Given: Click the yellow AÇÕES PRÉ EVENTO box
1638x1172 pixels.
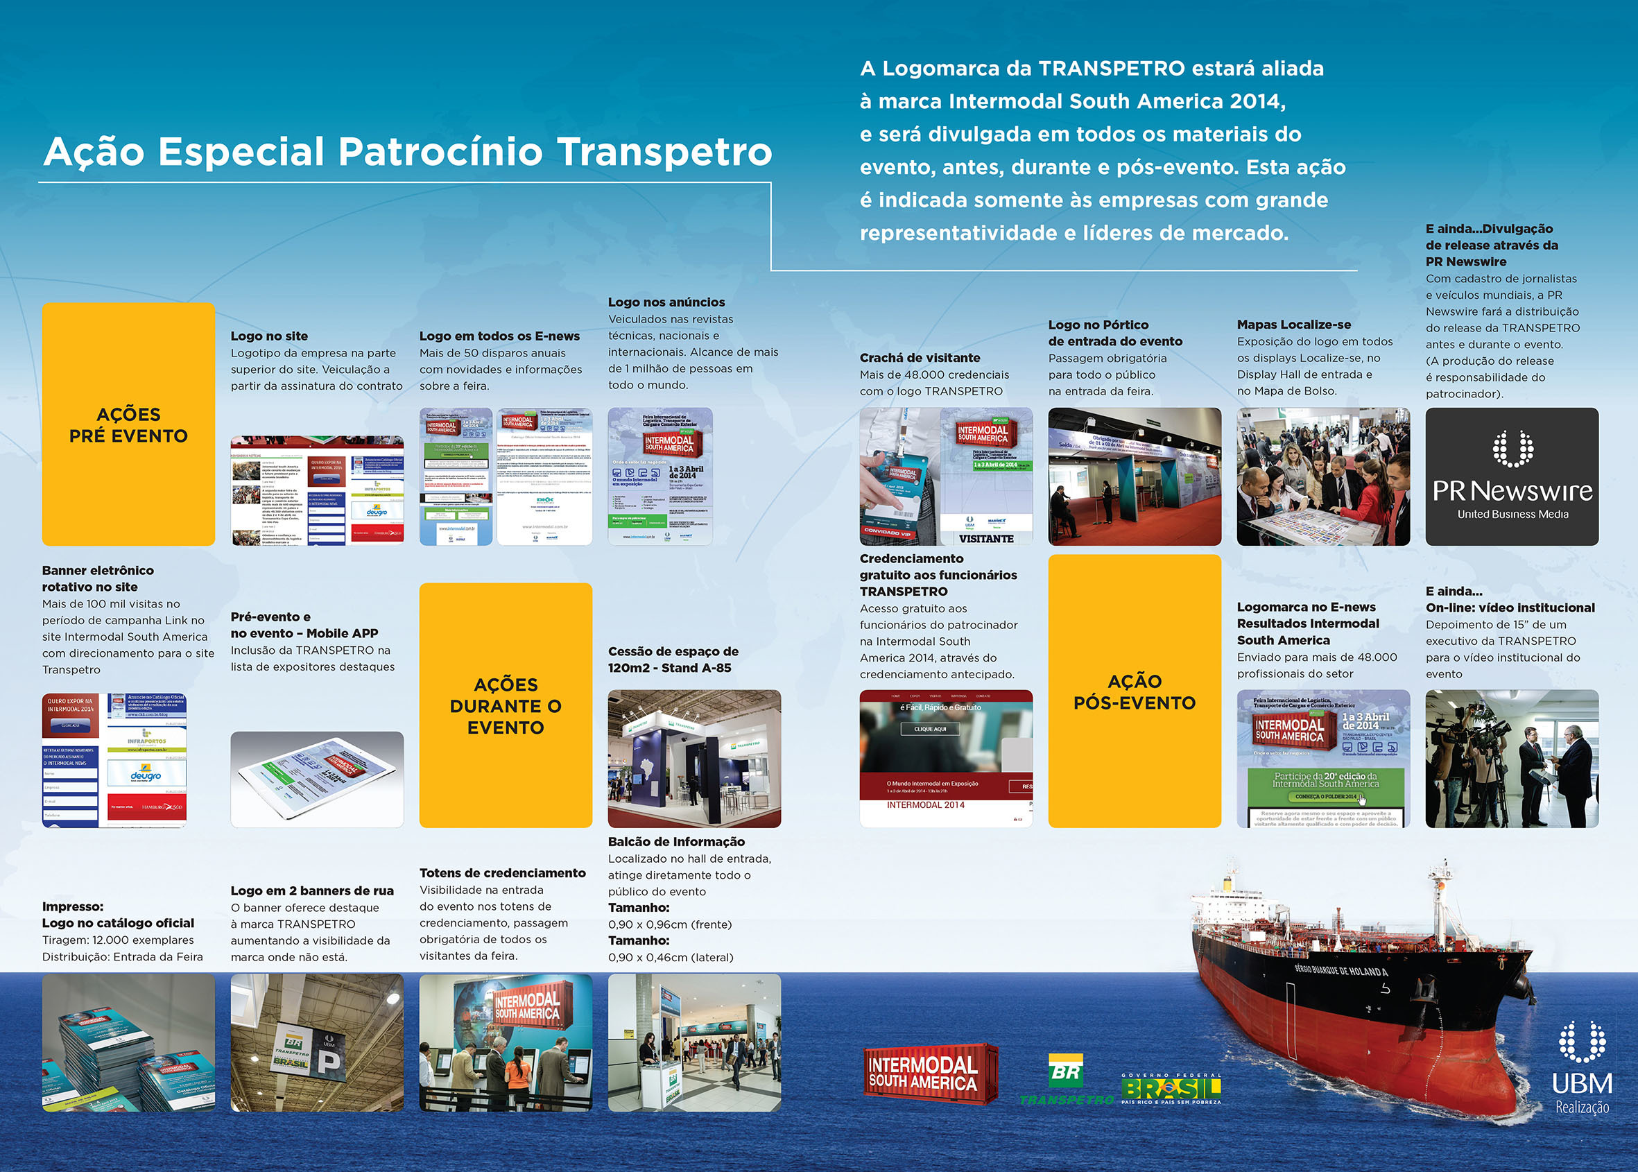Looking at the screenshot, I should (128, 424).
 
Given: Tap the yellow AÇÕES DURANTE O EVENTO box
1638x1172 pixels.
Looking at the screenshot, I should (505, 705).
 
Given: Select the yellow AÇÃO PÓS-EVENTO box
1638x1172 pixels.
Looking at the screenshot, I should (1135, 691).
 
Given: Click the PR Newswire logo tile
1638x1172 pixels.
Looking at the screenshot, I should (1512, 476).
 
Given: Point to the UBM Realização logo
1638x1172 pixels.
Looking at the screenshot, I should (1582, 1068).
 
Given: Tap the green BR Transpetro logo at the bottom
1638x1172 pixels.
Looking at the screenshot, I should (1067, 1080).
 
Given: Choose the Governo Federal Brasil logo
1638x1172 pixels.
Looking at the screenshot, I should (1171, 1088).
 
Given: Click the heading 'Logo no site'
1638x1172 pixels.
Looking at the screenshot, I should (269, 336).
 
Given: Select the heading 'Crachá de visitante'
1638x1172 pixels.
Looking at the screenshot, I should (920, 358).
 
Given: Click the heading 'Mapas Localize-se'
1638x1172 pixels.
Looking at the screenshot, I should (1294, 325).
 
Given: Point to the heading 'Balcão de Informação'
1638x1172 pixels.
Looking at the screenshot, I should (676, 841).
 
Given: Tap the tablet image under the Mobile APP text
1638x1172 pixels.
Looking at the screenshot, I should (317, 779).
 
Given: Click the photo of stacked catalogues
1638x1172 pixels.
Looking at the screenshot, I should (128, 1043).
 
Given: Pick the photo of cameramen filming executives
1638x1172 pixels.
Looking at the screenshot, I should (1512, 759).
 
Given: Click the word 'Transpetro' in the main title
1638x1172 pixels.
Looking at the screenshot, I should (664, 152).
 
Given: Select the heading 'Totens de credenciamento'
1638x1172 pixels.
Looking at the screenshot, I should (502, 873).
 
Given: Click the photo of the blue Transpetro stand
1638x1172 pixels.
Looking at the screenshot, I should (694, 759).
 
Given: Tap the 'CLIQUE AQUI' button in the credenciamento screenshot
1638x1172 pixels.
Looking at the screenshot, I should (930, 729).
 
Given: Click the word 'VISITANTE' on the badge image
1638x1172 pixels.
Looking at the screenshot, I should (985, 539).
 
